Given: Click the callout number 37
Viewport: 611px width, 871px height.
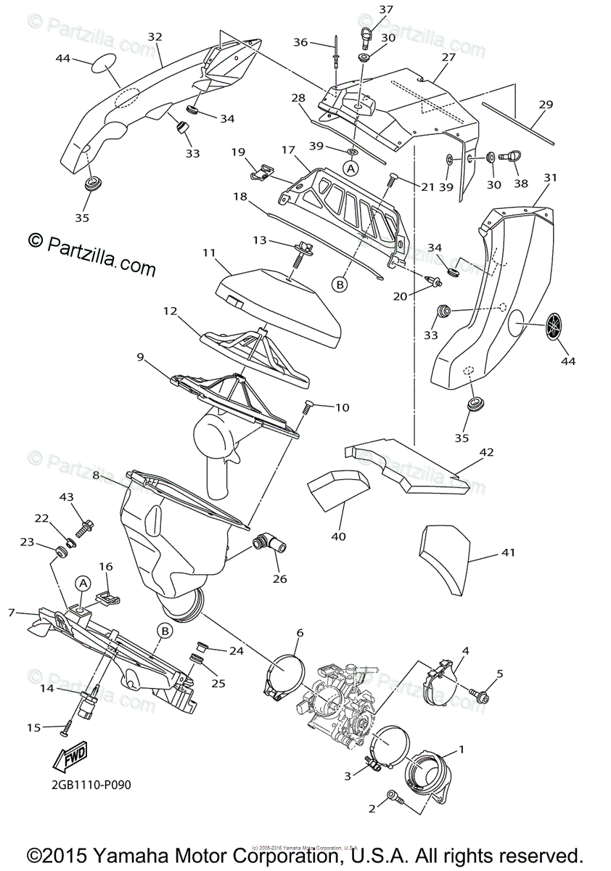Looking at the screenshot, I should point(385,9).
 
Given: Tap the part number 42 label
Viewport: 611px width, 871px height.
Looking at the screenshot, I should point(486,451).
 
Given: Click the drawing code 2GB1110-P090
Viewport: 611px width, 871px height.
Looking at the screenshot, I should point(91,785).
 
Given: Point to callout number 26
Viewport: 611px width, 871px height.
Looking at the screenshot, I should point(279,578).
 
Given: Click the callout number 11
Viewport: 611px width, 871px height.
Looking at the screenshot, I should point(209,253).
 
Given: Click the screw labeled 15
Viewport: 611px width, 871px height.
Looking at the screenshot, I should point(67,726).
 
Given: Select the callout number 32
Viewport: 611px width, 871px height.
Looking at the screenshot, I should point(155,36).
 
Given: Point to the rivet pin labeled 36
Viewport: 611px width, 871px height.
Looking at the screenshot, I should point(337,54).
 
